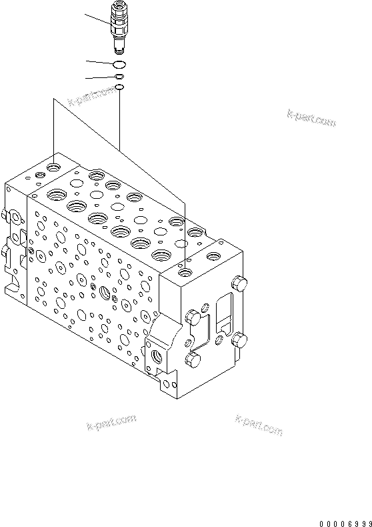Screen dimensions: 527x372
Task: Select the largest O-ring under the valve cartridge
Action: tap(119, 64)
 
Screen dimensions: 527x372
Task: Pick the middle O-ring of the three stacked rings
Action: tap(119, 77)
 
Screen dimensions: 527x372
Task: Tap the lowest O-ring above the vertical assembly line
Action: tap(119, 87)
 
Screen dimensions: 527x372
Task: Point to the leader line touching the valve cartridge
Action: tap(98, 20)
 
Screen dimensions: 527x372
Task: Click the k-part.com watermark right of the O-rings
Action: tap(311, 118)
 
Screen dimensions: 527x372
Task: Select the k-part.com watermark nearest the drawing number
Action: tap(259, 425)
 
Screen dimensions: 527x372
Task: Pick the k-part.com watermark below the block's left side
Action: tap(111, 422)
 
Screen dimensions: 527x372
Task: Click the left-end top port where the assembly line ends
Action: tap(54, 162)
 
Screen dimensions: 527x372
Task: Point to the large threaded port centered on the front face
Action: tap(105, 292)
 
